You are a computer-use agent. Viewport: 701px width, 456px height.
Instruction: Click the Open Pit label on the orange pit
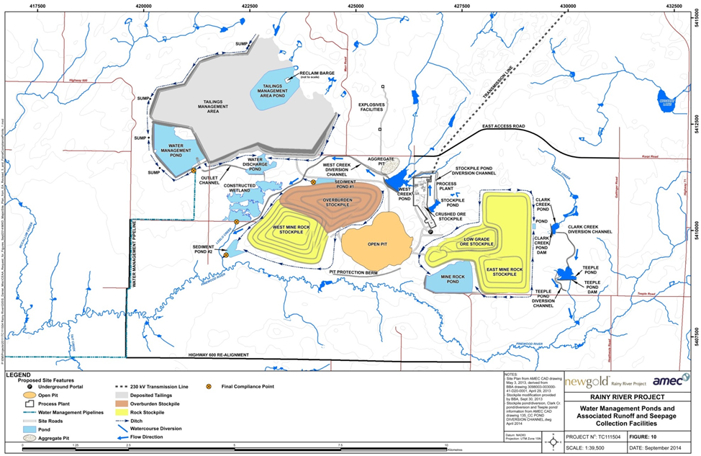[x=378, y=244]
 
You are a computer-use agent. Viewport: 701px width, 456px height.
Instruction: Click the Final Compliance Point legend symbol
[x=209, y=386]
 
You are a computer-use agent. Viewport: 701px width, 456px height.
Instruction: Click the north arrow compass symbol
[x=552, y=441]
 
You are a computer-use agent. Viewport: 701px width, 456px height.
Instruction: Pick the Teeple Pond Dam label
[x=592, y=287]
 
